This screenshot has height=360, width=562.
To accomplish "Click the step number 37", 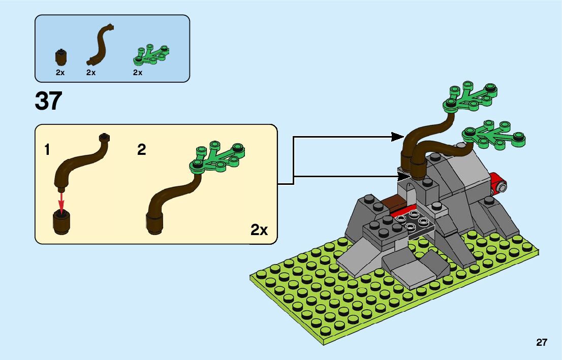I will (x=48, y=101).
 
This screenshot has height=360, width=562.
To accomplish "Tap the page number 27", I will (x=541, y=342).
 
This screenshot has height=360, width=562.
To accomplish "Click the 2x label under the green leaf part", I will (x=138, y=73).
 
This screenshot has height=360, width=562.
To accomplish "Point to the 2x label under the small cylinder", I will (x=60, y=73).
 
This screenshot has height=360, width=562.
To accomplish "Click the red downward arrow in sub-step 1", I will (x=62, y=202).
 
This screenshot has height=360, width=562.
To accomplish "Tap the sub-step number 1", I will (x=47, y=150).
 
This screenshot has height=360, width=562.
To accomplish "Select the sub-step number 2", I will (x=142, y=150).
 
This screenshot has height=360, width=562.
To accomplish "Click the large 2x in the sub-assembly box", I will (x=259, y=230).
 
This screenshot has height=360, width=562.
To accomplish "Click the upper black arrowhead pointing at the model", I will (x=398, y=136).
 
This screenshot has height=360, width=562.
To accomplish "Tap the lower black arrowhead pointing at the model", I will (x=402, y=176).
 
